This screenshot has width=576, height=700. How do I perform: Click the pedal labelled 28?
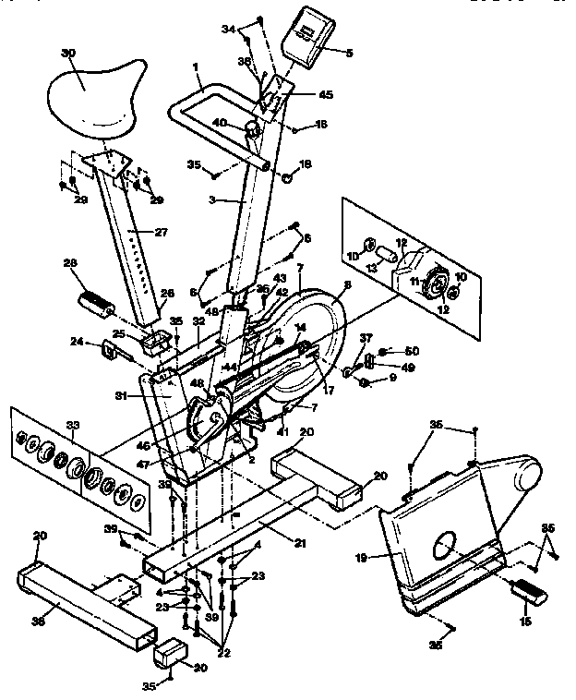pos(95,300)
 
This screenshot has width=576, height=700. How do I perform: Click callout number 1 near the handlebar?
pos(197,67)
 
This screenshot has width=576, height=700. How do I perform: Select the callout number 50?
pos(412,351)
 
